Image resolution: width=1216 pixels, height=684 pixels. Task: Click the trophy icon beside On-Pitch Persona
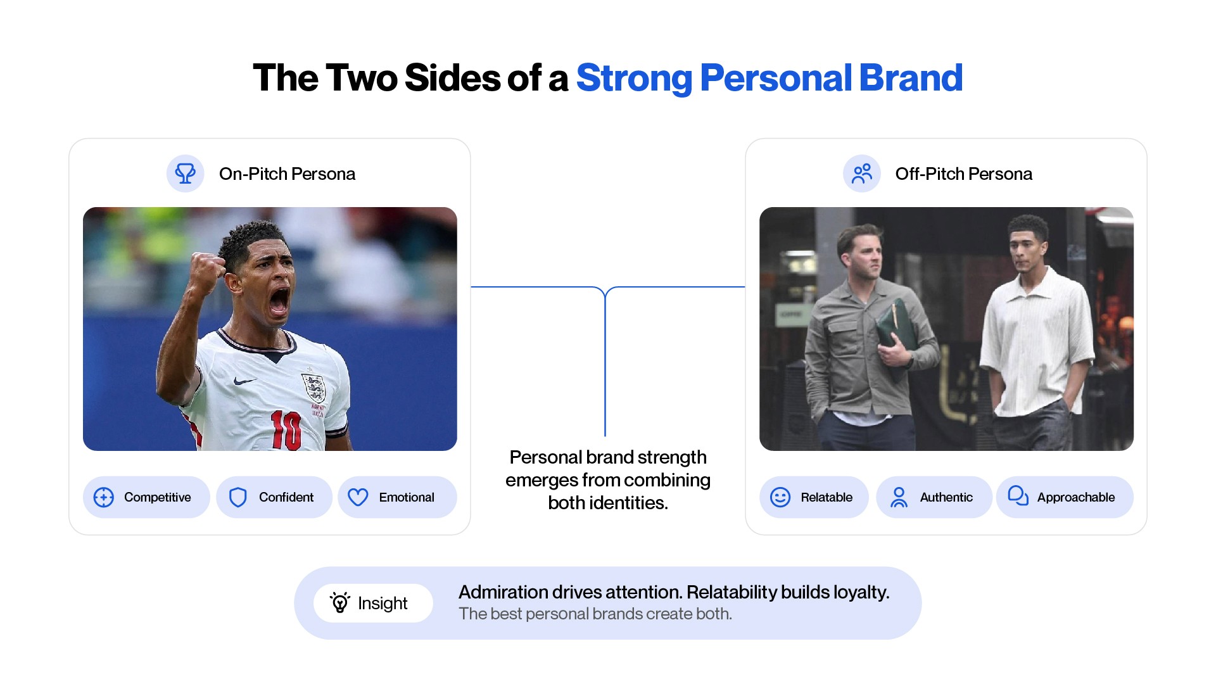click(x=185, y=174)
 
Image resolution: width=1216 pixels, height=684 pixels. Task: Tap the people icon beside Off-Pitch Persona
click(x=862, y=174)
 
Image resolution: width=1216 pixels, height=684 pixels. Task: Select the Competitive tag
click(x=146, y=497)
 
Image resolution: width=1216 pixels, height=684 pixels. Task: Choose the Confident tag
click(x=274, y=497)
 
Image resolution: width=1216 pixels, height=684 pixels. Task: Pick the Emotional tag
click(x=397, y=497)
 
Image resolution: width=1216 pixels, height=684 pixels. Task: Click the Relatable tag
click(x=814, y=497)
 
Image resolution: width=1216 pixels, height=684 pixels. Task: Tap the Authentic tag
click(x=934, y=497)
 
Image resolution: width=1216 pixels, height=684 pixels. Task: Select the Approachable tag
click(x=1065, y=497)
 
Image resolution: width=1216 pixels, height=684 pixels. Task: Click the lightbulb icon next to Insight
click(x=340, y=602)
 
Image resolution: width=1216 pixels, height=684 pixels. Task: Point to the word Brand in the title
click(x=911, y=78)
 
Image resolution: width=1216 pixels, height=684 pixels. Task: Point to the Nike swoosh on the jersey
click(x=245, y=381)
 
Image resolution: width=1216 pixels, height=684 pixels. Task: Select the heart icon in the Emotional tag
click(x=358, y=497)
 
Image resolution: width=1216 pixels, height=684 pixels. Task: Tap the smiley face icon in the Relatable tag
click(x=780, y=497)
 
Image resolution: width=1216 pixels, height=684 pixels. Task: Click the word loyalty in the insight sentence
click(x=861, y=592)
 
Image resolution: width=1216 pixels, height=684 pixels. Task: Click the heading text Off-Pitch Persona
click(x=964, y=174)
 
